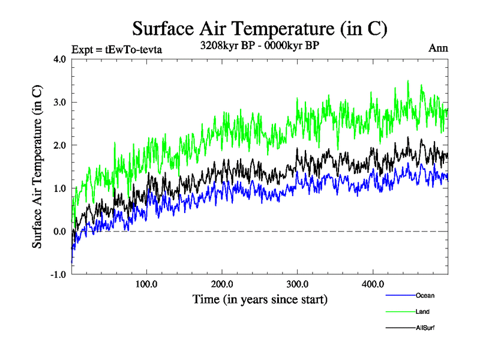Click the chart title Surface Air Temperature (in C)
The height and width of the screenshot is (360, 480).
(x=259, y=28)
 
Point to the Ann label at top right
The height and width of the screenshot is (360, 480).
(x=438, y=48)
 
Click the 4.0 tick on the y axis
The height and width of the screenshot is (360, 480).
(x=60, y=59)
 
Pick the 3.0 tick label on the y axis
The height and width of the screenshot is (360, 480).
(x=60, y=103)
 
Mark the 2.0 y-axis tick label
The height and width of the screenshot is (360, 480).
(x=60, y=145)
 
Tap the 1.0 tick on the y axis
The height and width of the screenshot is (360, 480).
(x=60, y=188)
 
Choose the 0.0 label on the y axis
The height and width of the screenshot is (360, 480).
(x=60, y=232)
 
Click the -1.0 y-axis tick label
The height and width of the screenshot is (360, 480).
(x=59, y=275)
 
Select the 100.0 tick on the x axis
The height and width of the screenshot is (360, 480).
(x=147, y=284)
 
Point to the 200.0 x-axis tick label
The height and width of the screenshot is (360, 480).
(x=222, y=284)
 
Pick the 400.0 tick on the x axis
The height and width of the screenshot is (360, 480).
(x=373, y=284)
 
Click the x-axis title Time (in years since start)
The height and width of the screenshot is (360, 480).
(x=259, y=299)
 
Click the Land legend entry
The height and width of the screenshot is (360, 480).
(x=422, y=311)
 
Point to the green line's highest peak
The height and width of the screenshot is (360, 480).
(x=409, y=80)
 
